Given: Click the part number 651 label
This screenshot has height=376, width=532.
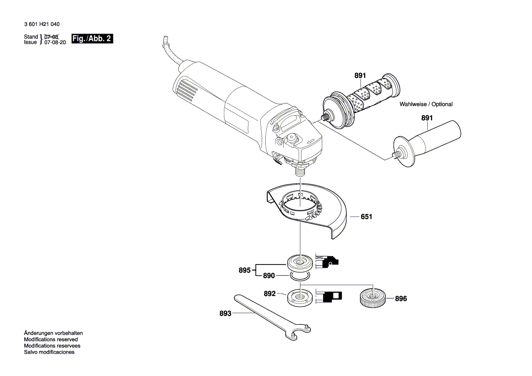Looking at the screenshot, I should coord(366,217).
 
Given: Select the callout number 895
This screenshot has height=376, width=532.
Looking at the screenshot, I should coord(244,270).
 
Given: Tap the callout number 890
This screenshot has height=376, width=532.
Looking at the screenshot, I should coord(269,276).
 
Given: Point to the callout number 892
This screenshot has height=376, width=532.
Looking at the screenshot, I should coord(270,294).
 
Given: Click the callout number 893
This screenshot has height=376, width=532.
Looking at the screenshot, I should coord(225,314).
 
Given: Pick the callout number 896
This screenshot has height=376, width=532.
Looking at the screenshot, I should coord(400,299).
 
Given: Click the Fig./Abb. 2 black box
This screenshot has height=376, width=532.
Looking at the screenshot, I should coord(92,39).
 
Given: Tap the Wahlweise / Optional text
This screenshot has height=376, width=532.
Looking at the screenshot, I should coord(426,104).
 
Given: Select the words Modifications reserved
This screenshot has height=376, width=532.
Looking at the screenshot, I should coord(51,340).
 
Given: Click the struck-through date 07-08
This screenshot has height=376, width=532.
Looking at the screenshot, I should coord(51,36).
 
